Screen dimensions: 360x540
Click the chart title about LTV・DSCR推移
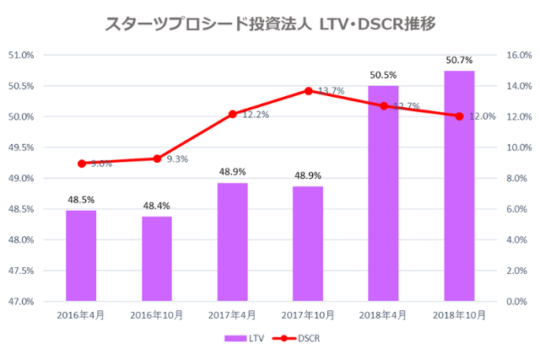pos(270,23)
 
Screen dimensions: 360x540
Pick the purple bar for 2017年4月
pos(232,242)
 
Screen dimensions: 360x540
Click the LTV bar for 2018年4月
pos(383,193)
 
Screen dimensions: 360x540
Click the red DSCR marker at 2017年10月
pos(308,90)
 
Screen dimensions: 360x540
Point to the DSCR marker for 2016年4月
pos(81,164)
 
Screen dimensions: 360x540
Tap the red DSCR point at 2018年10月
pos(459,116)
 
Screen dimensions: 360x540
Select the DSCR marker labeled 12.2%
pos(232,114)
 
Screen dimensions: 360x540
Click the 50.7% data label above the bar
pos(459,60)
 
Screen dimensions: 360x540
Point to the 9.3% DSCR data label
pos(177,159)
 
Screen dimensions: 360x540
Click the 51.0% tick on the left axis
pos(21,56)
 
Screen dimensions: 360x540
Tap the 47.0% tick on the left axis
pos(21,301)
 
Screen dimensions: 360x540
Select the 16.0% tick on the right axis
pos(518,56)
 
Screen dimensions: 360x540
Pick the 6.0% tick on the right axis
pos(516,209)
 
